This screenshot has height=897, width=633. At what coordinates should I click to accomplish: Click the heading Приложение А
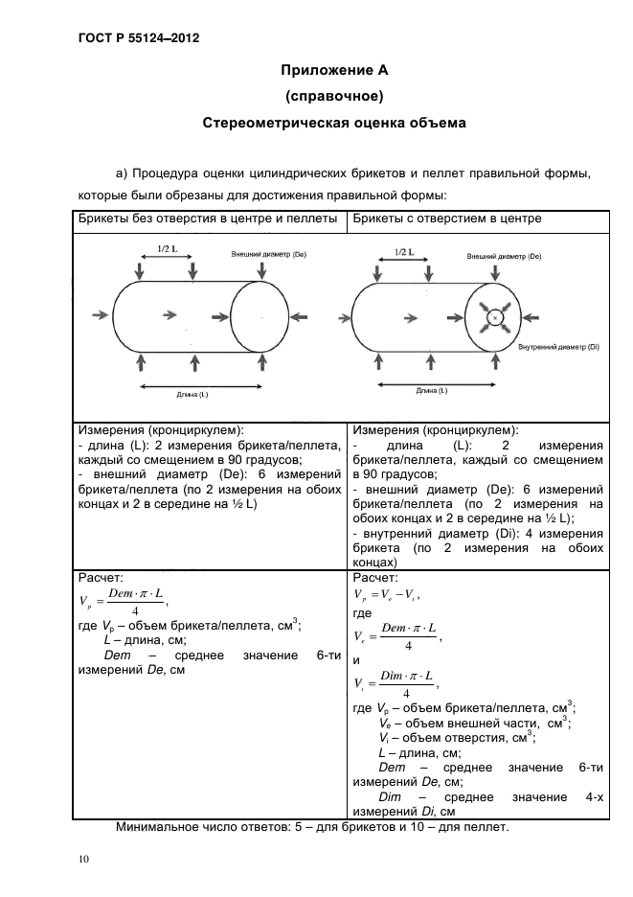(x=334, y=70)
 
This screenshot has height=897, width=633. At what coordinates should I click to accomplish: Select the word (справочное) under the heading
(x=334, y=96)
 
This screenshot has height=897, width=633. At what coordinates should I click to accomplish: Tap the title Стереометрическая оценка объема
(x=334, y=123)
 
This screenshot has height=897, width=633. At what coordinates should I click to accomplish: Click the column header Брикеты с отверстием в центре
(x=447, y=218)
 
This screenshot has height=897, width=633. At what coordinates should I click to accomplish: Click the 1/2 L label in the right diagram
(x=403, y=253)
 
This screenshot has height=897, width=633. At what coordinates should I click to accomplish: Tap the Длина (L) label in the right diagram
(x=431, y=390)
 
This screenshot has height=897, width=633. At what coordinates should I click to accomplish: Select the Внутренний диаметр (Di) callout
(x=557, y=346)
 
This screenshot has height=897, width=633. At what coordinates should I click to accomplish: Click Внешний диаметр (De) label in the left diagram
(x=268, y=254)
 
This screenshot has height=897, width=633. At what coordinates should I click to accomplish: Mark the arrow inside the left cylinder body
(x=171, y=313)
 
